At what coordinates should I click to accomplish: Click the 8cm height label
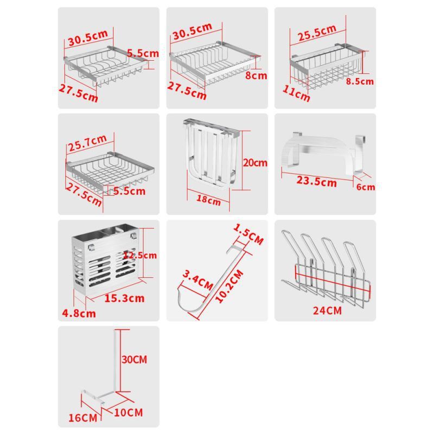pos(256,75)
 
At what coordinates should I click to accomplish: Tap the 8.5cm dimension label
pos(360,81)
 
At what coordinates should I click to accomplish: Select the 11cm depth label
pos(296,93)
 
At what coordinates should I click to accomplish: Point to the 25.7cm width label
pos(87,143)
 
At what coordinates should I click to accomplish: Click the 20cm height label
pos(255,162)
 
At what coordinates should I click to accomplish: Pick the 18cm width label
pos(208,200)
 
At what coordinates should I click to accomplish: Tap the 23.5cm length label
pos(317,181)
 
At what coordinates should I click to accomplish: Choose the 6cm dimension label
pos(366,187)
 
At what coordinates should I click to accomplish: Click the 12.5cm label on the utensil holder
pos(140,255)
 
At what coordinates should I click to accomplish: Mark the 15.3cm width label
pos(124,298)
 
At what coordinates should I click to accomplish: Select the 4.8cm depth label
pos(79,314)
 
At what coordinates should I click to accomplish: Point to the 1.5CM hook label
pos(248,234)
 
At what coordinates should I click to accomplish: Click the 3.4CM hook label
pos(197,280)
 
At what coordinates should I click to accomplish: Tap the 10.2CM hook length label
pos(229,286)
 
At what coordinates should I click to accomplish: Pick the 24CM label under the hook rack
pos(327,310)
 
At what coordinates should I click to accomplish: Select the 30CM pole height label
pos(134,360)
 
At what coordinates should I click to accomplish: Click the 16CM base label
pos(83,418)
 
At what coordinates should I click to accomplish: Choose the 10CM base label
pos(129,412)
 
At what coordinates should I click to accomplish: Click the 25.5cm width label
pos(317,33)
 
